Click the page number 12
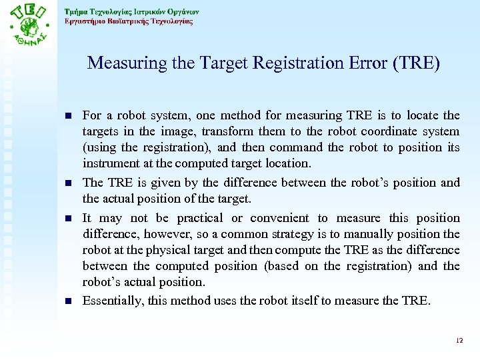coord(459,341)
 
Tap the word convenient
coord(277,218)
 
